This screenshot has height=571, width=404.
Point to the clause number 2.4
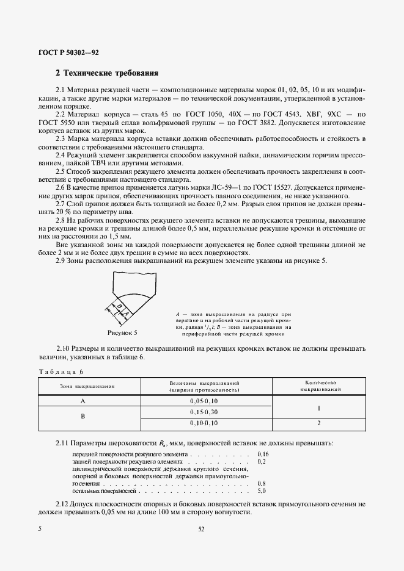[x=62, y=156]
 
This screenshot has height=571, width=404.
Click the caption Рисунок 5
[x=122, y=333]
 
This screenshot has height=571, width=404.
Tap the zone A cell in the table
[x=83, y=401]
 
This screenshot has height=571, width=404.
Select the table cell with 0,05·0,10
[x=204, y=401]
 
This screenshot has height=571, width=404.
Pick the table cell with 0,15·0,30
[x=204, y=412]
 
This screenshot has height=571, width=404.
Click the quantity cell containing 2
[x=317, y=422]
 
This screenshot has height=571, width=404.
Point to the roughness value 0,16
[x=263, y=454]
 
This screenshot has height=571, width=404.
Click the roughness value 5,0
[x=262, y=490]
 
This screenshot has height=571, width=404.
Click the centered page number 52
[x=201, y=530]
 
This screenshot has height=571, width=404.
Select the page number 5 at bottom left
[x=40, y=530]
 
